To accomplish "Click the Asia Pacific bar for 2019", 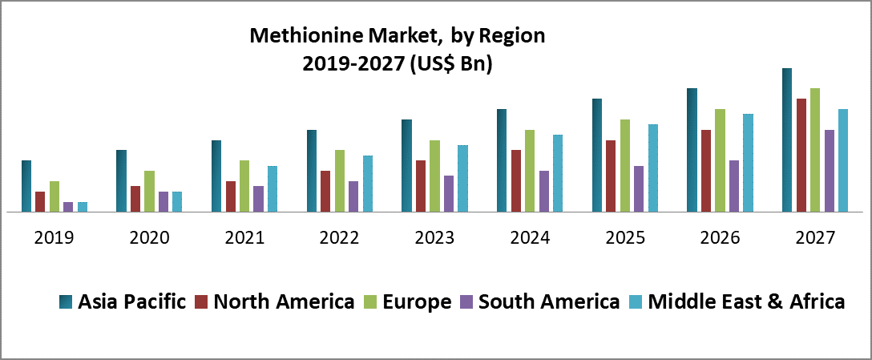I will point(26,186).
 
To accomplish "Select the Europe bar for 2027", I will point(815,150).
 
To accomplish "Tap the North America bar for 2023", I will point(421,186).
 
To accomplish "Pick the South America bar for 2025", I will point(639,188).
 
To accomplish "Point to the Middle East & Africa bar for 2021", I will point(272,188).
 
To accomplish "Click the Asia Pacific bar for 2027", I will point(787,140).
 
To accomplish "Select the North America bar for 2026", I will point(706,171).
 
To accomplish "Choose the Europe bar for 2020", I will point(149,191).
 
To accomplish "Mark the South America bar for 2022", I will point(353,196).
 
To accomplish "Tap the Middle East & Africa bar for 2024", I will point(558,173).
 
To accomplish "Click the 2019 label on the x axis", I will point(54,237).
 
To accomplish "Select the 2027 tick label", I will point(815,237).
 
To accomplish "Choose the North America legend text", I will point(285,302).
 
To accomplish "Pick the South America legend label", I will point(548,302).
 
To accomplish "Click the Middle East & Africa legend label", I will point(746,302).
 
